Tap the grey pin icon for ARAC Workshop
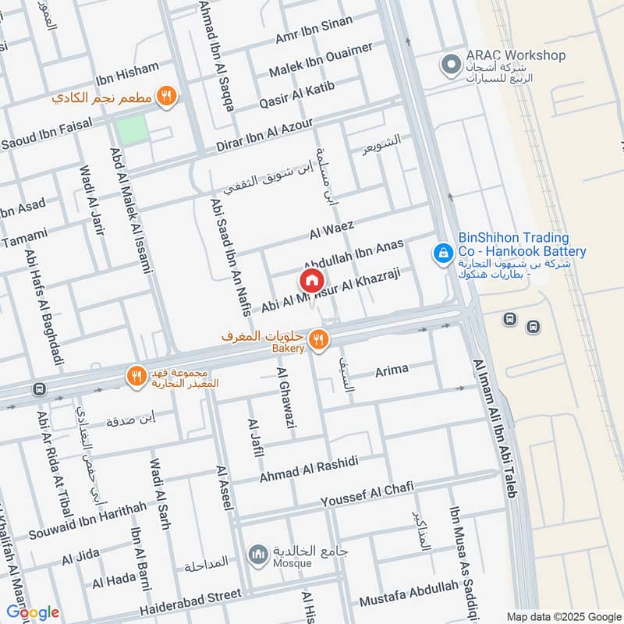tap(449, 64)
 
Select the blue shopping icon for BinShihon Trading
tap(442, 252)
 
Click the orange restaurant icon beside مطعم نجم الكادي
tap(165, 96)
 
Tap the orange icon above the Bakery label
tap(317, 339)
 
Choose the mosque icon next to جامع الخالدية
tap(258, 555)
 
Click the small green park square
tap(131, 129)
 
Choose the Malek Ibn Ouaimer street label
tap(321, 62)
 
